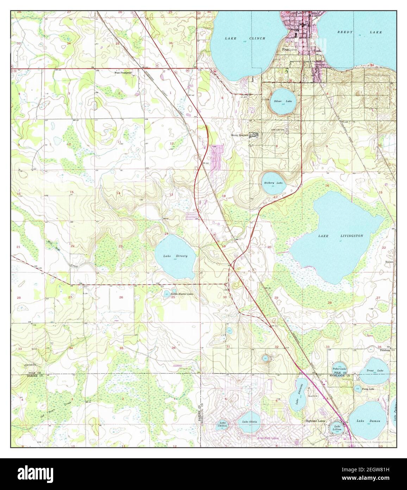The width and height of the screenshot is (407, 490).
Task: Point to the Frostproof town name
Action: pos(290,50)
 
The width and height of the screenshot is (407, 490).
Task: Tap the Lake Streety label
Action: pos(175,256)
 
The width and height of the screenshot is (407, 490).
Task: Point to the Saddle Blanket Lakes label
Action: pos(182,294)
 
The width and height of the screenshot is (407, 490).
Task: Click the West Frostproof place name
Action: pos(123,73)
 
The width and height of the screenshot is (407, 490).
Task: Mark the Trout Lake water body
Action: pos(374,371)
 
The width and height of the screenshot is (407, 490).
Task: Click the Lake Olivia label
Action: pos(249,422)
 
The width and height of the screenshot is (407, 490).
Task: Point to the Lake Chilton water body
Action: pos(222,425)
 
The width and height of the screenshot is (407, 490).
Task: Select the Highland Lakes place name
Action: pos(315,421)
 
